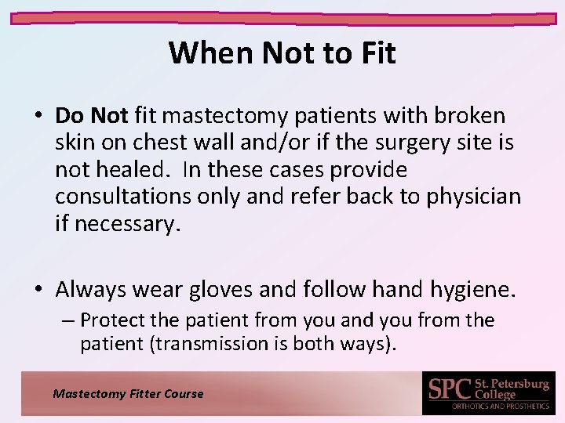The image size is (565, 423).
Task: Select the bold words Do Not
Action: coord(91,116)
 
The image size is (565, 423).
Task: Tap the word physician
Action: coord(473,196)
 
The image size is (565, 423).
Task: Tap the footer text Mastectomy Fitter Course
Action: coord(128,394)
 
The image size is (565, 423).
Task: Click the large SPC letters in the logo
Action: coord(449,389)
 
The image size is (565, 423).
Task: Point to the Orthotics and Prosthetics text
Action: coord(500,407)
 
